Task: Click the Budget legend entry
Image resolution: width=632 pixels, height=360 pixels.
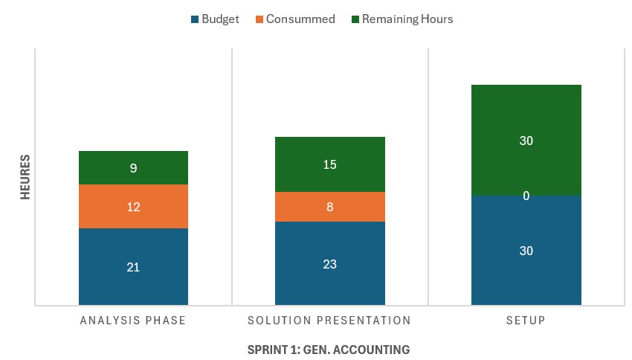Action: (x=215, y=19)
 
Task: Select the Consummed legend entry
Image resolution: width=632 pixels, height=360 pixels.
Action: (x=294, y=19)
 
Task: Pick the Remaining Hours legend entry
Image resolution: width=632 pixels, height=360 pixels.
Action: (x=402, y=19)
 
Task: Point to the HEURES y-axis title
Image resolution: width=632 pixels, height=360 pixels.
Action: (x=25, y=176)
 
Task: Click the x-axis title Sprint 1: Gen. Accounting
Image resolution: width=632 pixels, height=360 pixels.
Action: (x=329, y=349)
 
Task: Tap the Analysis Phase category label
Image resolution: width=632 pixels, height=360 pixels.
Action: (x=133, y=321)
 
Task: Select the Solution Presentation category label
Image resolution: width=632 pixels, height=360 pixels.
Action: (x=329, y=321)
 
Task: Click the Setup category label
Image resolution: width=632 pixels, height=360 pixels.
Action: (x=526, y=321)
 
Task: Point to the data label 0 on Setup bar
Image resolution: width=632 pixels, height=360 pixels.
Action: (x=526, y=196)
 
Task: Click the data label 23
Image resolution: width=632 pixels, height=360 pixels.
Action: (x=329, y=264)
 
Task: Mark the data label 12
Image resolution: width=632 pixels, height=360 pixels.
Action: (x=133, y=207)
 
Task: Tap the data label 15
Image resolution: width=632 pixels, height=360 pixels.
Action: (x=329, y=164)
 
